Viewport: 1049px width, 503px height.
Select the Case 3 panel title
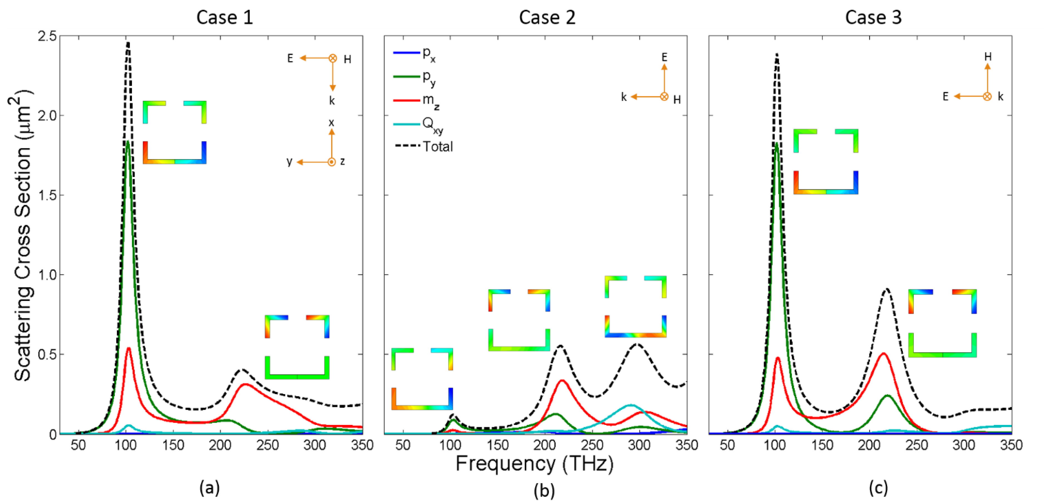click(873, 18)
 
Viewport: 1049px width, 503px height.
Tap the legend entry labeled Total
click(437, 146)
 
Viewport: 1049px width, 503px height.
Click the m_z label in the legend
click(430, 100)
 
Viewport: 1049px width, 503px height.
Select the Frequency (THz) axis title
click(534, 464)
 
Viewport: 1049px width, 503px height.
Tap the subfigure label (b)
click(544, 490)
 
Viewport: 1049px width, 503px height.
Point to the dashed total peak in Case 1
click(128, 43)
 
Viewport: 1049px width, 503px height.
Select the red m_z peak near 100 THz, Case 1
click(129, 348)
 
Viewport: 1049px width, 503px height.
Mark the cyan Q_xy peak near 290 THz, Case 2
click(631, 405)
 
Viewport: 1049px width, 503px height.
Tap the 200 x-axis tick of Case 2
click(545, 445)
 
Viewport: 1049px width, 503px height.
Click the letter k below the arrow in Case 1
click(332, 101)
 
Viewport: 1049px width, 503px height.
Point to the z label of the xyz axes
click(343, 162)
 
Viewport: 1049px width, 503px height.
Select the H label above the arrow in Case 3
click(988, 57)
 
